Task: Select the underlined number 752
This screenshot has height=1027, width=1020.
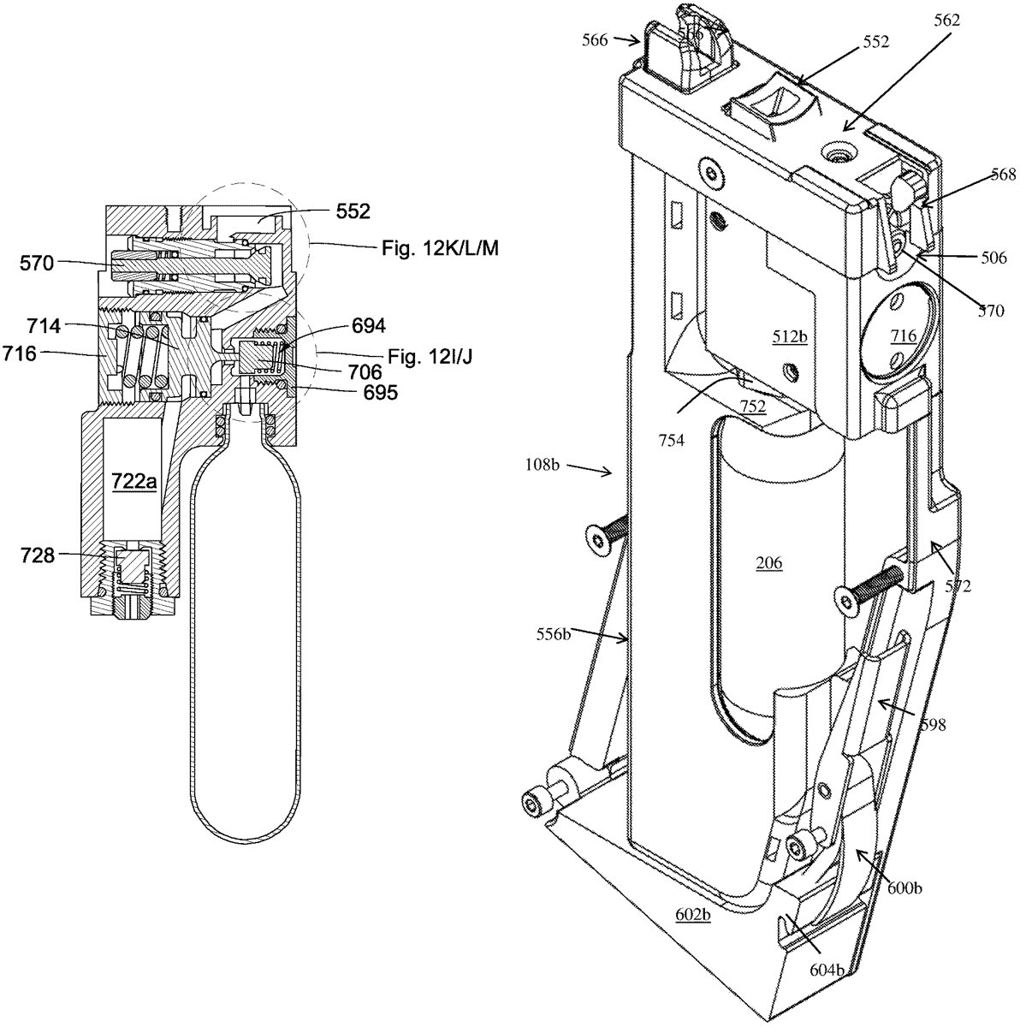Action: tap(753, 408)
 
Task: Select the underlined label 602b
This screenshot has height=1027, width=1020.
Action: tap(693, 920)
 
